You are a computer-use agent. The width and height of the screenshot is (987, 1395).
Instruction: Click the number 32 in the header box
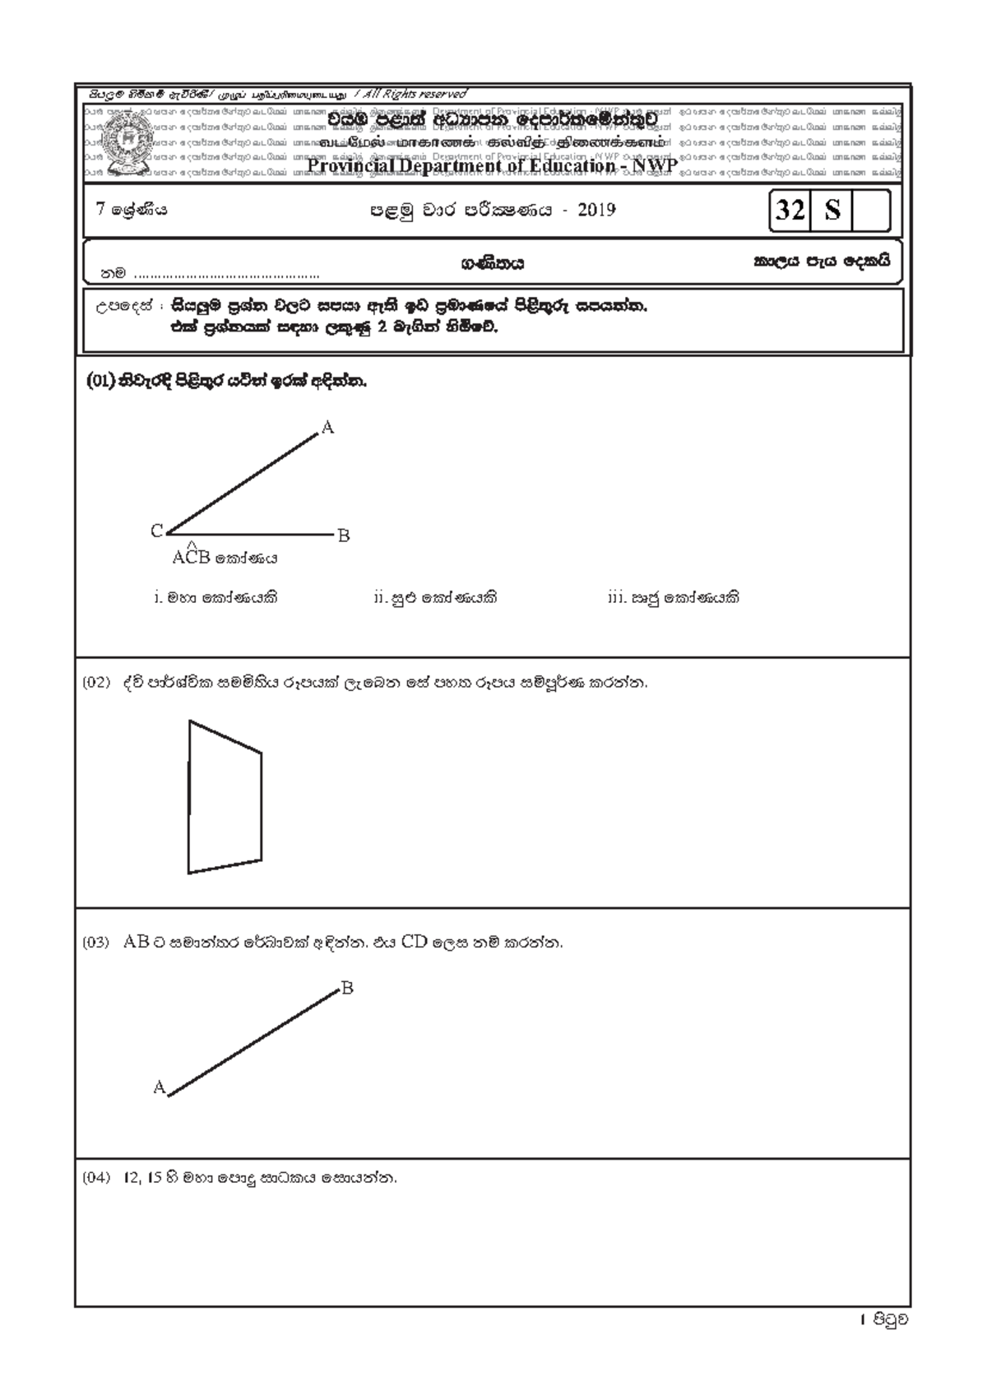click(x=790, y=210)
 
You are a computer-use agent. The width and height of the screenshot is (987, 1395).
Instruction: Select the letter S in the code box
click(x=832, y=210)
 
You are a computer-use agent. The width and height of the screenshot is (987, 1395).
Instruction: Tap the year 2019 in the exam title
click(x=596, y=210)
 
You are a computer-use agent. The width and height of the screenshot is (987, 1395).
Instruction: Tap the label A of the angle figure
click(x=327, y=428)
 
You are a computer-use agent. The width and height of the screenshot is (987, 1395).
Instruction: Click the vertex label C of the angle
click(x=156, y=532)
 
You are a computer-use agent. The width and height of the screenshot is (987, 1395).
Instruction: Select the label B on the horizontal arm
click(x=344, y=536)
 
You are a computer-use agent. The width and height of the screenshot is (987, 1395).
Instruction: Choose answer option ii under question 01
click(x=435, y=598)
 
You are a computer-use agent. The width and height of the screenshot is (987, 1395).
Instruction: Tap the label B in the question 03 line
click(x=347, y=988)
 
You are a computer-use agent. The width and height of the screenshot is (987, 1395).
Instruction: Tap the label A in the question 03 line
click(x=159, y=1087)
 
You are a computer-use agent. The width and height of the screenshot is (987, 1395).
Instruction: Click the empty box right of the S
click(x=871, y=210)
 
